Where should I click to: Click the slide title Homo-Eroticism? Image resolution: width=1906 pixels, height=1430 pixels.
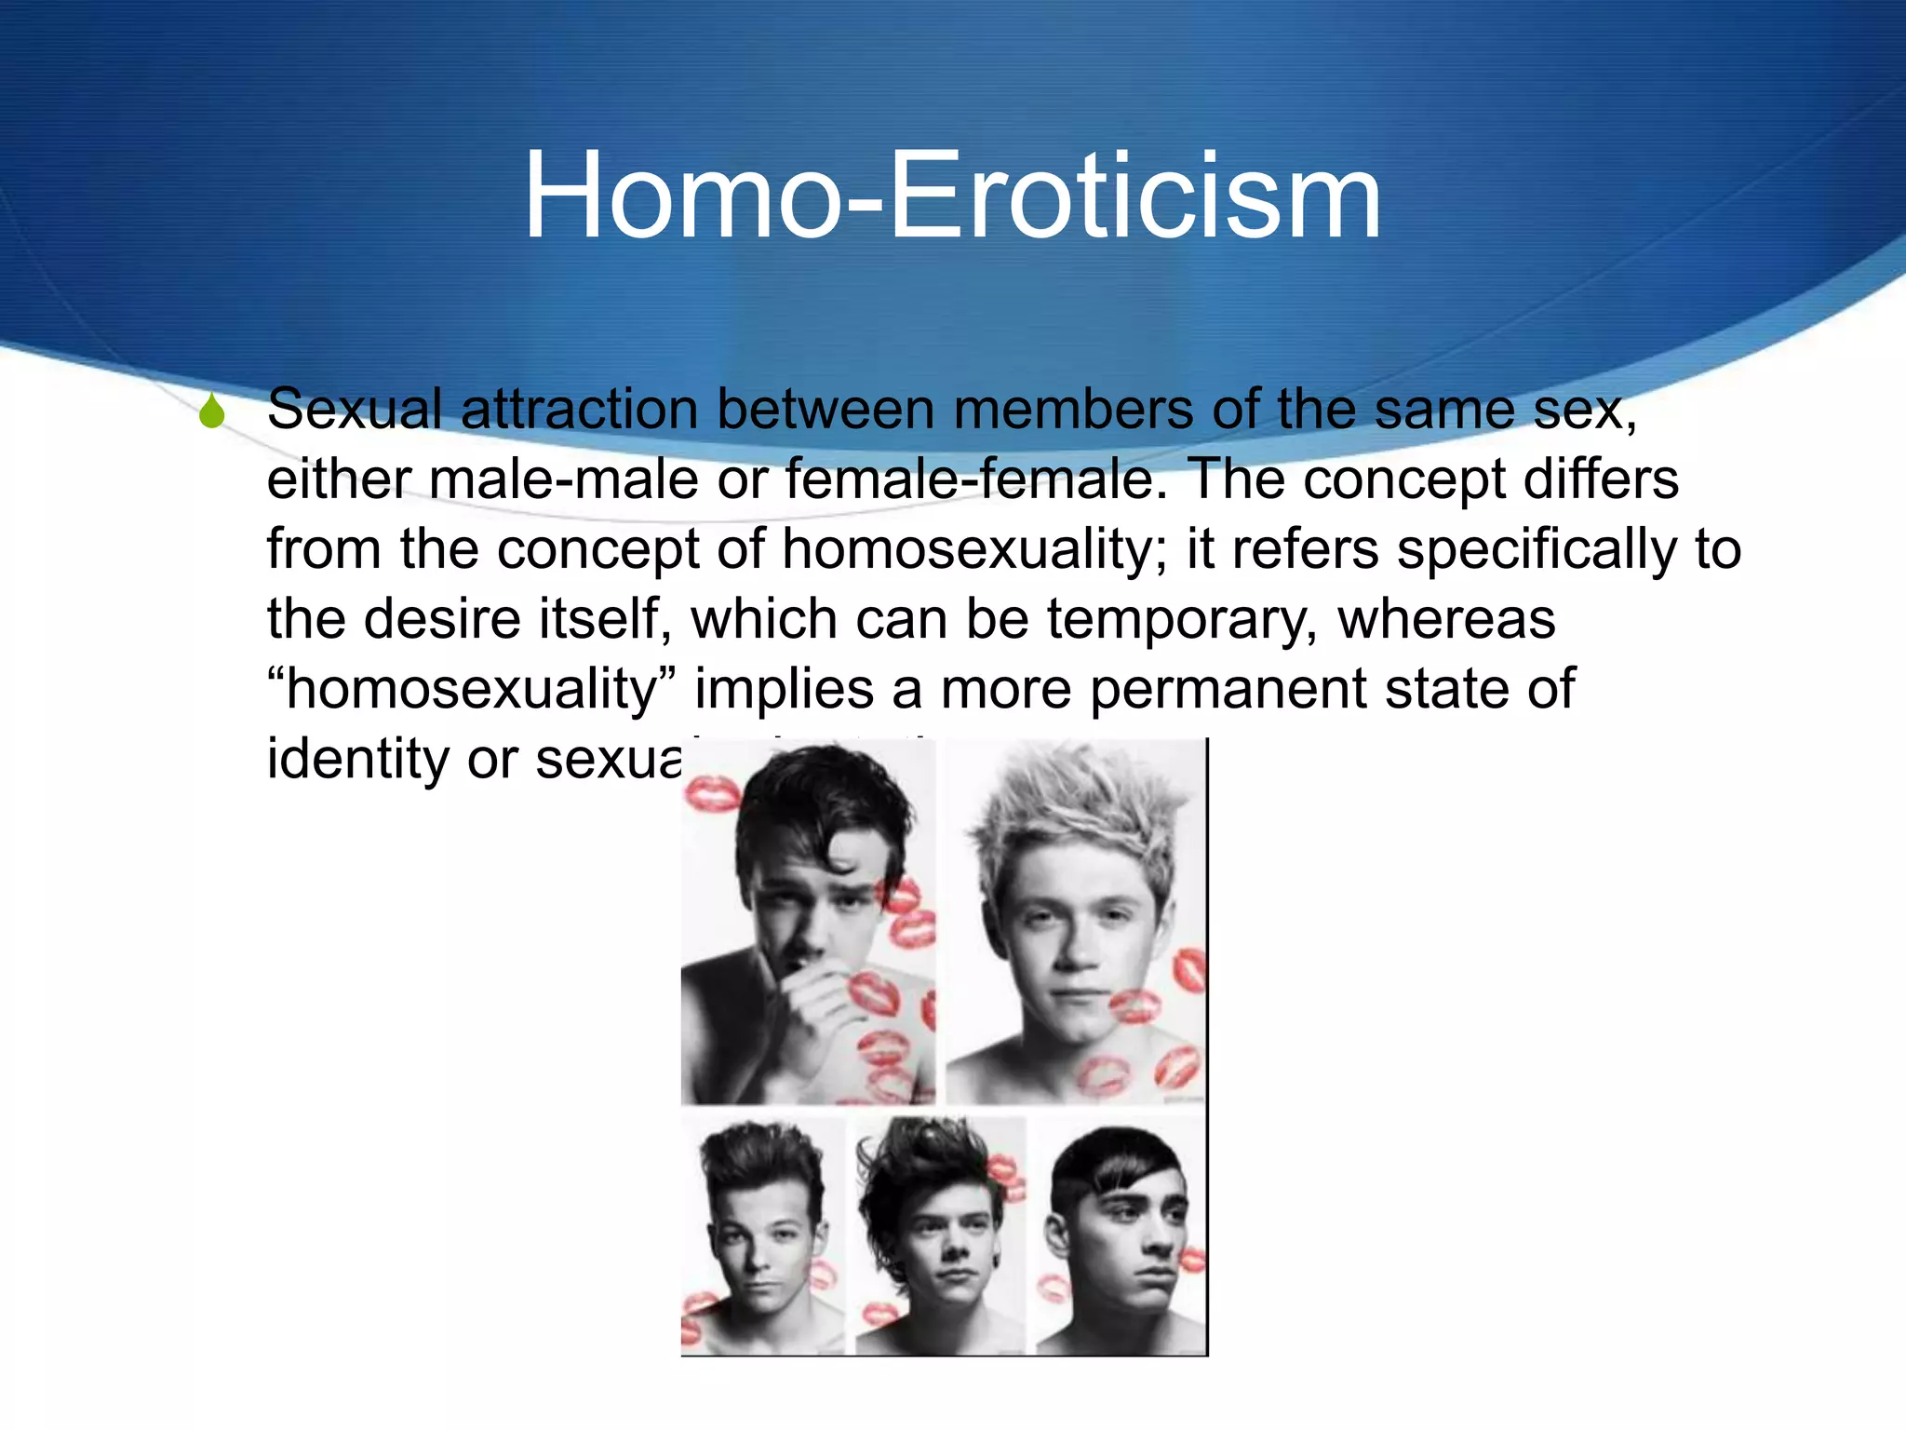[x=952, y=197]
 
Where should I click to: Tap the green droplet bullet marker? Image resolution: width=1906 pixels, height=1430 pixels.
[x=212, y=411]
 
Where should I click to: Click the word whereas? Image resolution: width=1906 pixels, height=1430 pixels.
[x=1446, y=620]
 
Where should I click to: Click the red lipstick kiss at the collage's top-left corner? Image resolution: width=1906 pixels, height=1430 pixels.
[x=711, y=794]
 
